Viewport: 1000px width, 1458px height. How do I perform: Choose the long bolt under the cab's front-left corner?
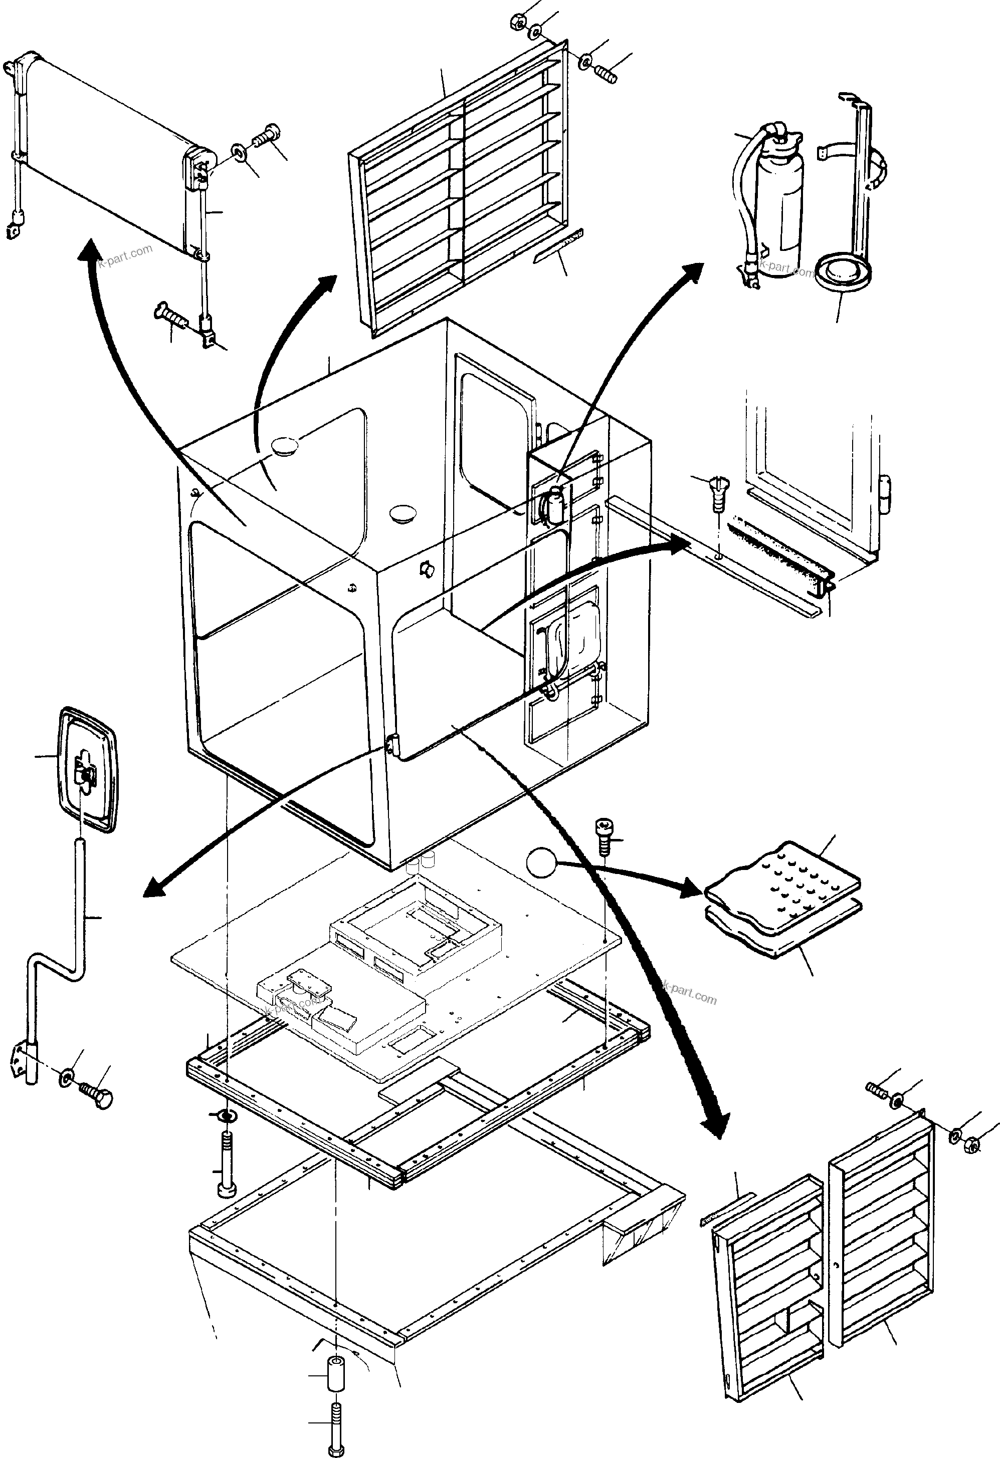pos(226,1160)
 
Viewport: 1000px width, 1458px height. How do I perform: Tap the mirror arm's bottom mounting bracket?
pos(22,1063)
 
